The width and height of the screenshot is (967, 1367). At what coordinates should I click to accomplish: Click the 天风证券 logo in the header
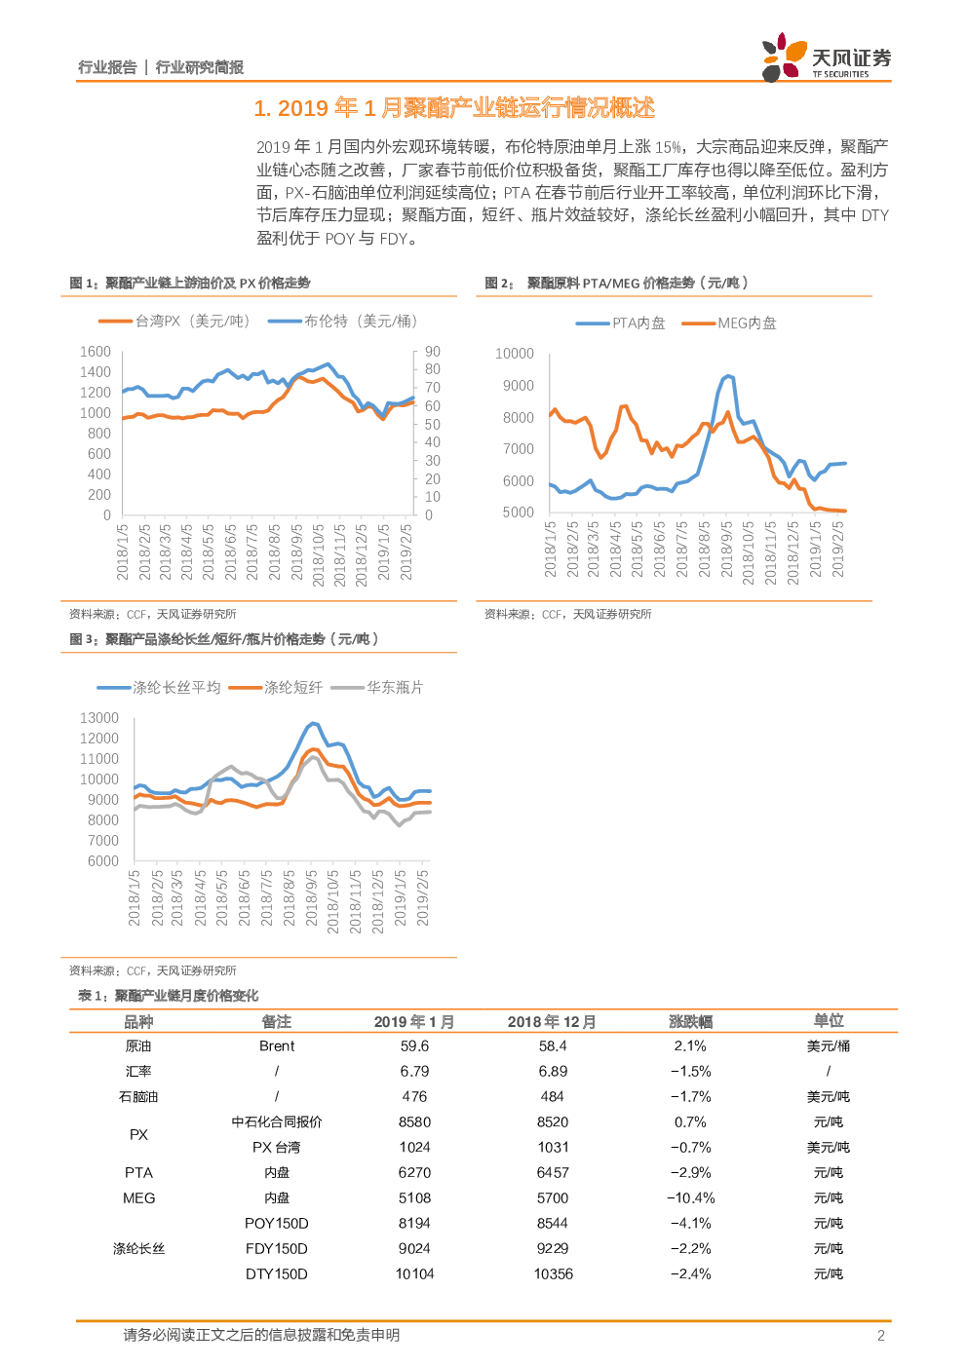click(826, 58)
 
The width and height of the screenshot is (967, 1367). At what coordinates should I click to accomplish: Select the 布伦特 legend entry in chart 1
click(343, 321)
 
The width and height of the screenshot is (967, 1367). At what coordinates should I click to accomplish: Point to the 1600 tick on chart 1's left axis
click(96, 352)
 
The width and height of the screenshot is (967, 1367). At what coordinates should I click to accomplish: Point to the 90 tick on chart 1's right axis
click(432, 352)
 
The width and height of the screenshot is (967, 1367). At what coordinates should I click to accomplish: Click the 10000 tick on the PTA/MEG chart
click(515, 354)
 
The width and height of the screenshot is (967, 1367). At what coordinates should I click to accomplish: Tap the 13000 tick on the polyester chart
click(99, 718)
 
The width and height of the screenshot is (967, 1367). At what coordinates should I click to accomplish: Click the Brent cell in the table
click(277, 1045)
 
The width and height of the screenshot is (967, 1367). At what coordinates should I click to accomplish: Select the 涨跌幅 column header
click(690, 1021)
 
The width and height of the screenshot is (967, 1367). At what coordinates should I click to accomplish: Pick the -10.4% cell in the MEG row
click(690, 1197)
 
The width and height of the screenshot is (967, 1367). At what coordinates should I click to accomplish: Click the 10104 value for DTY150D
click(414, 1273)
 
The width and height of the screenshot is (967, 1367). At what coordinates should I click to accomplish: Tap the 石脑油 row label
click(138, 1096)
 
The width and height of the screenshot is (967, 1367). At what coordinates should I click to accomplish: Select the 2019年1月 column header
click(414, 1021)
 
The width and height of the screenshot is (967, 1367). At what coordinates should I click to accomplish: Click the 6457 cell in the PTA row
click(553, 1172)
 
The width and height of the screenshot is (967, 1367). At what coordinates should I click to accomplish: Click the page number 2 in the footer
click(881, 1335)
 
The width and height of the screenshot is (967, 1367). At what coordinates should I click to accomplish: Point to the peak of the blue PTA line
click(727, 375)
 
